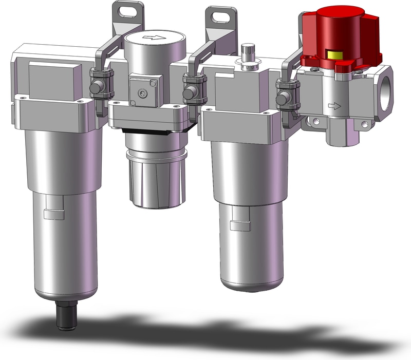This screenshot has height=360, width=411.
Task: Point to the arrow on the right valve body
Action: [334, 106]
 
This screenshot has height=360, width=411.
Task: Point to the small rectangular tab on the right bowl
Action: [237, 225]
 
